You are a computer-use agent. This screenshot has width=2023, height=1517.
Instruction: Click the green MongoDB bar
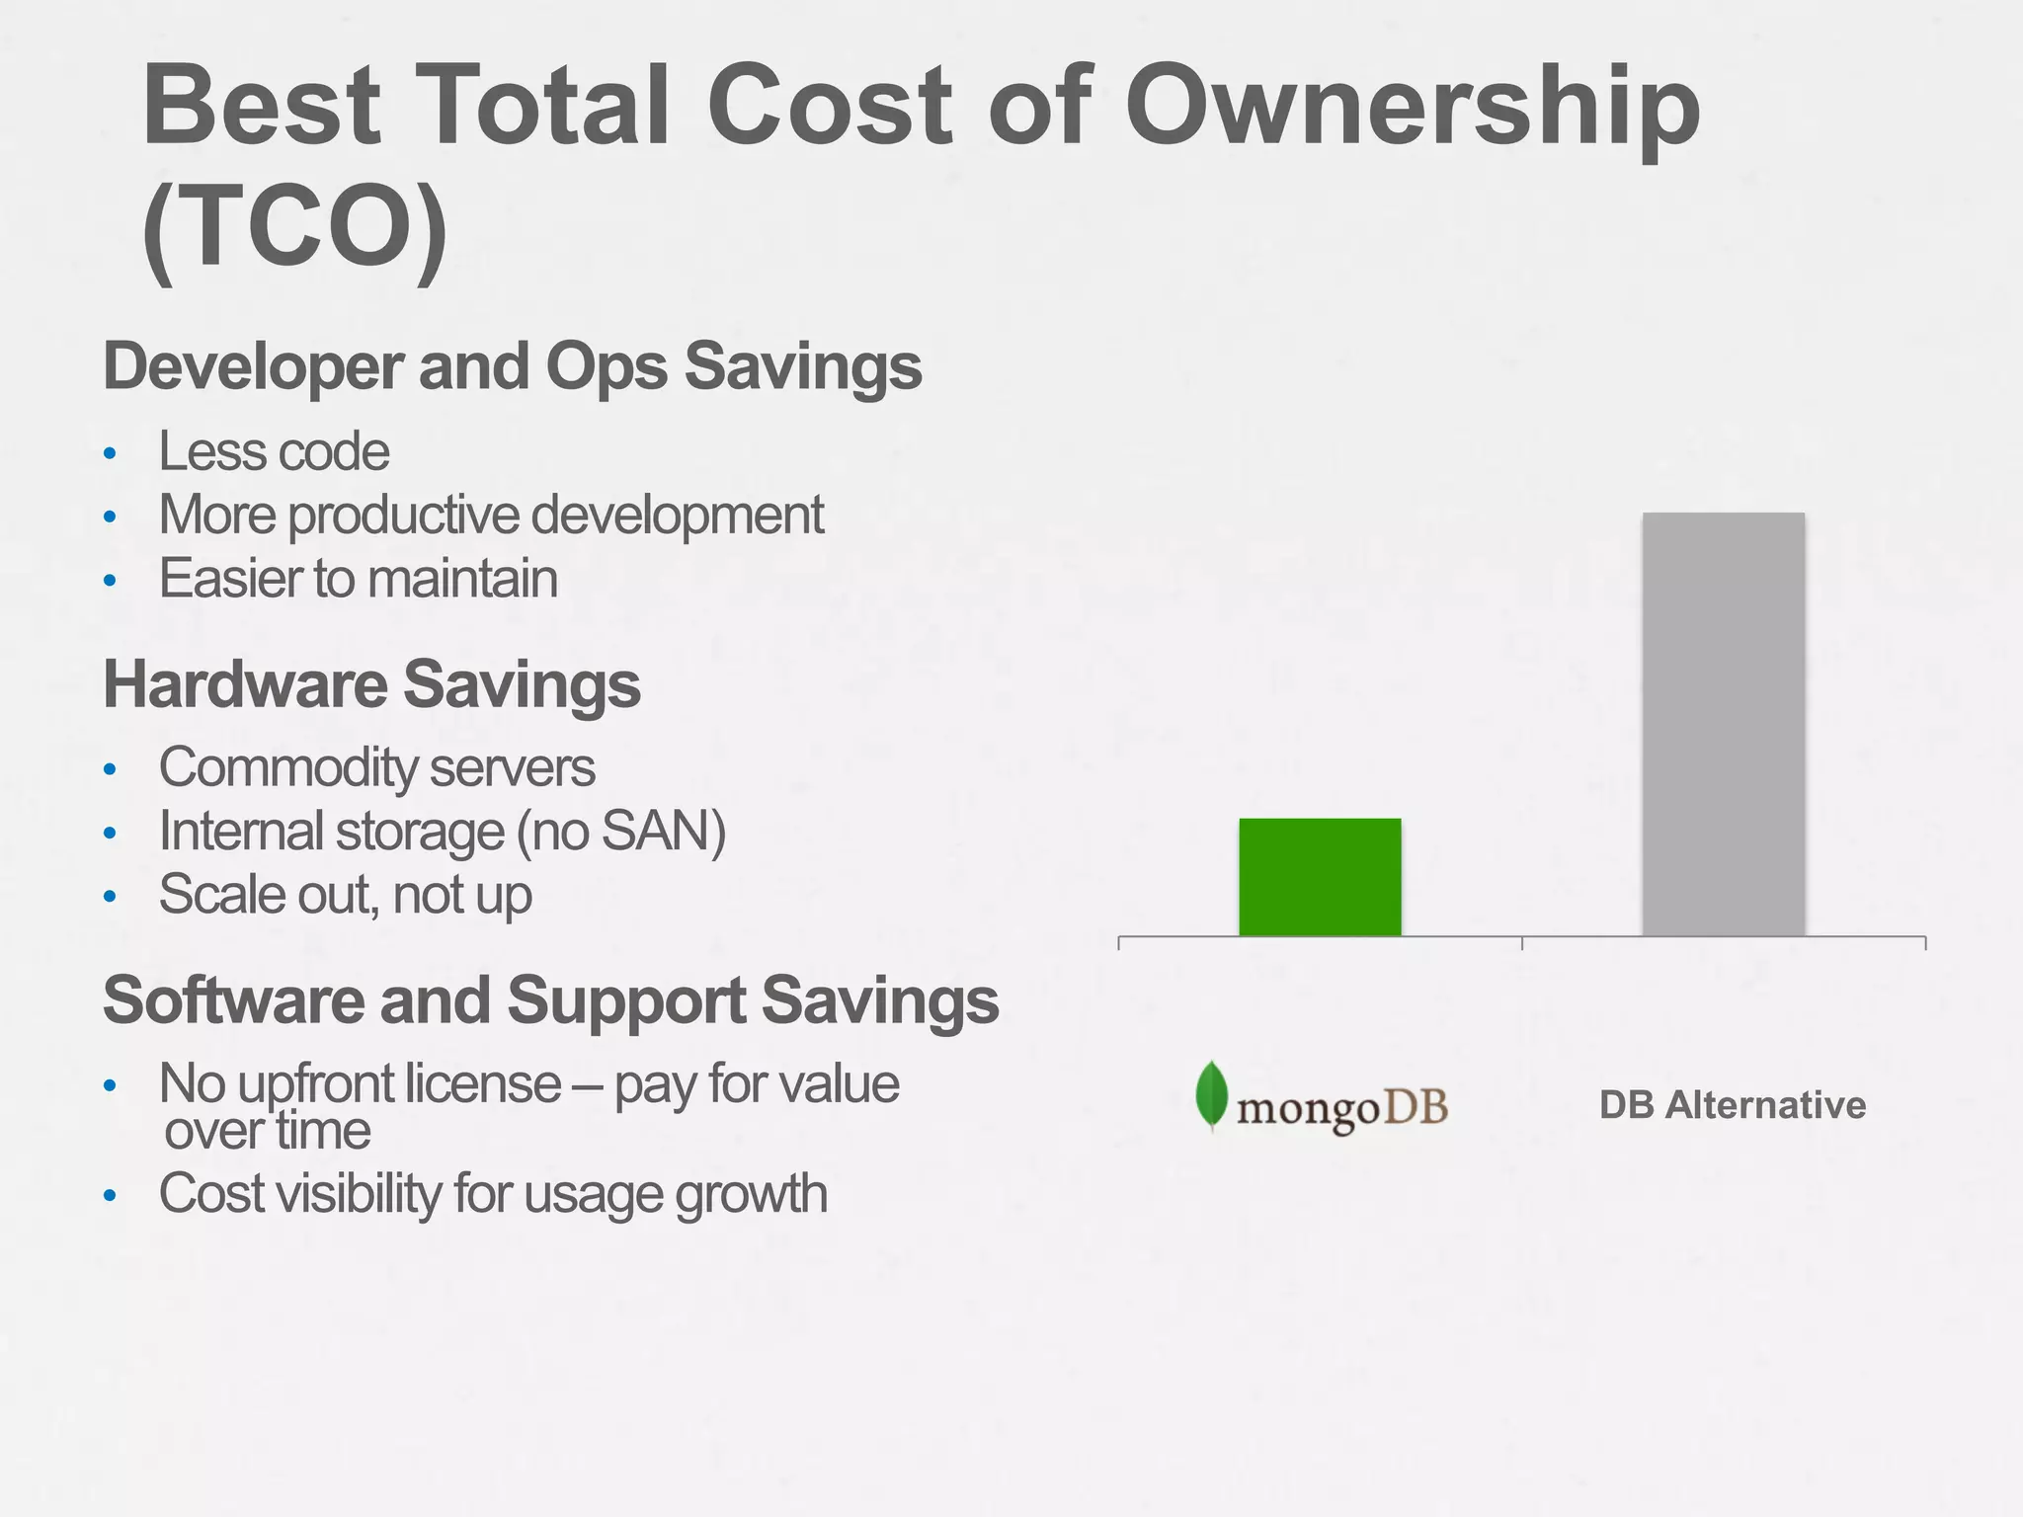(x=1320, y=877)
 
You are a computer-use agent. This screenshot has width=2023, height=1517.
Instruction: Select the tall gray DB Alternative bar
(x=1723, y=723)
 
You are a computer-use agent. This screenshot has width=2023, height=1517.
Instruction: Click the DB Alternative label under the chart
(x=1733, y=1105)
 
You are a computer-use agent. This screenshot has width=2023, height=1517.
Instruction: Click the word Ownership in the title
(x=1413, y=106)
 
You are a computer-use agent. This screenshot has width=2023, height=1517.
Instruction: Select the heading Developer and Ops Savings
(x=512, y=366)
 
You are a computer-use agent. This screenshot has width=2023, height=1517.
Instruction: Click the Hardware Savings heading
(x=371, y=684)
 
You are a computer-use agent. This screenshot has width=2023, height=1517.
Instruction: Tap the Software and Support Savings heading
(x=550, y=1000)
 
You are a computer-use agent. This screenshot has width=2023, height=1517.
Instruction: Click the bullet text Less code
(x=274, y=452)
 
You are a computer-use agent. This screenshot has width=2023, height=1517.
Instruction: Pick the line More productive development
(x=491, y=516)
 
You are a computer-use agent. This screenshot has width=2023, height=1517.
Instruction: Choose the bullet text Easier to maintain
(x=358, y=579)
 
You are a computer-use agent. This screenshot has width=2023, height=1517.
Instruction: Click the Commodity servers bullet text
(x=376, y=768)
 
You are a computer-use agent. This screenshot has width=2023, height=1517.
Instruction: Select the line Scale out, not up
(x=345, y=895)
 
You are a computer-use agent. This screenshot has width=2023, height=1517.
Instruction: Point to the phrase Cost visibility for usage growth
(x=492, y=1194)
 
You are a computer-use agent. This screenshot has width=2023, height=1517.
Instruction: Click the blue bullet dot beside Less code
(x=110, y=454)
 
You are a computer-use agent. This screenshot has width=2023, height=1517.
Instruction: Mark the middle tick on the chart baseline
(x=1522, y=942)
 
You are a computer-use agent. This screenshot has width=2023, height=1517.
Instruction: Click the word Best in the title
(x=262, y=106)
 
